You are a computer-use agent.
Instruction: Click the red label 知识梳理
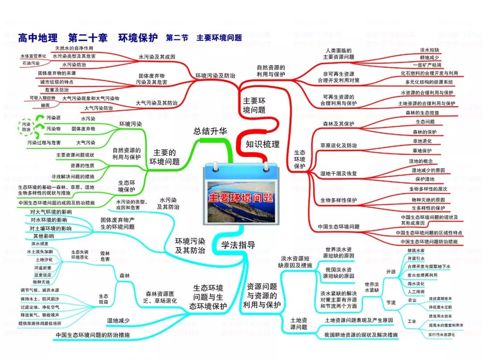(262, 144)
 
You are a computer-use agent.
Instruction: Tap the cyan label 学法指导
(238, 244)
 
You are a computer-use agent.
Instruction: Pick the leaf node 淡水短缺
(429, 50)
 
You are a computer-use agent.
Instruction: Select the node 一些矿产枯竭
(429, 65)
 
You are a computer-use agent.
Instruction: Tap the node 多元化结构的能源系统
(429, 82)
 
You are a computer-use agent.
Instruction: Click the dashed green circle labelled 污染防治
(26, 126)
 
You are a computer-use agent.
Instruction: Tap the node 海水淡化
(416, 283)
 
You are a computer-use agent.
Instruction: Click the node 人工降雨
(416, 291)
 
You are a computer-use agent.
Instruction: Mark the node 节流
(391, 303)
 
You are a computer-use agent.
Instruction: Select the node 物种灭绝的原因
(428, 199)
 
